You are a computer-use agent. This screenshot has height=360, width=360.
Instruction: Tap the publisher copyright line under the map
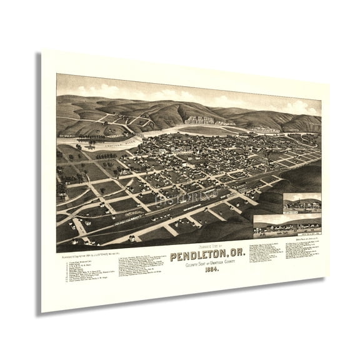click(x=94, y=253)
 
